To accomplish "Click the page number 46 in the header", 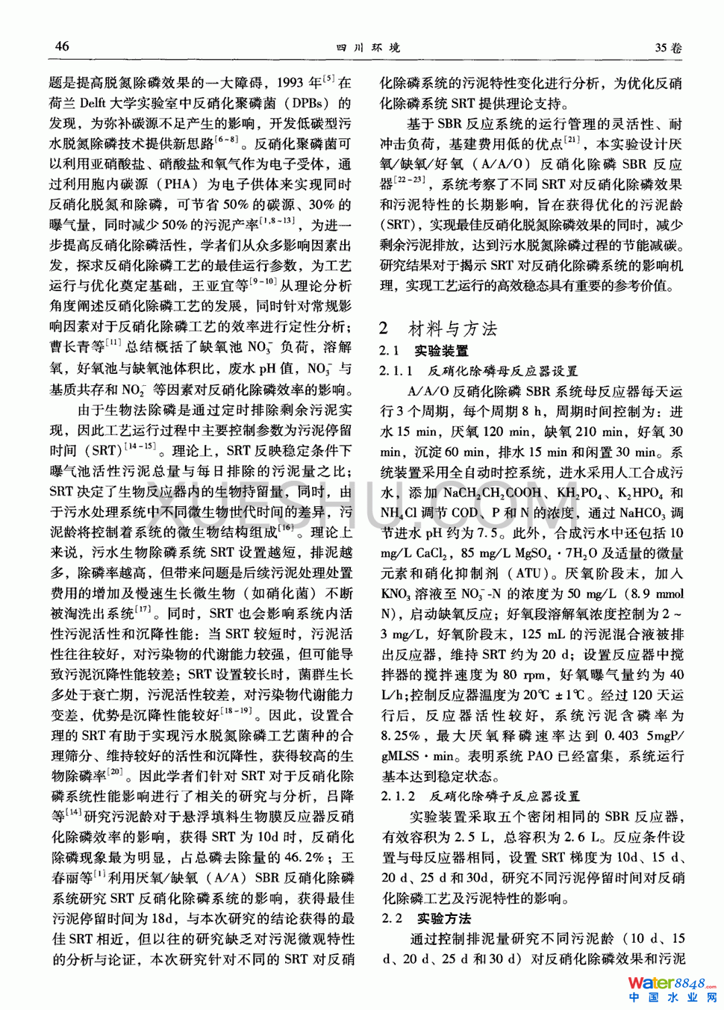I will click(x=62, y=46).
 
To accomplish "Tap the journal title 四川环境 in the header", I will click(x=368, y=48).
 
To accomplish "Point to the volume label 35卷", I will click(x=668, y=48).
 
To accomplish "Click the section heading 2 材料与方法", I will click(x=438, y=328).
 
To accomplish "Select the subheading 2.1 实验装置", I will click(x=424, y=351).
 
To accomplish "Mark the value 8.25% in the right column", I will click(x=401, y=735).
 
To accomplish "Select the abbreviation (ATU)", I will click(x=531, y=574).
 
